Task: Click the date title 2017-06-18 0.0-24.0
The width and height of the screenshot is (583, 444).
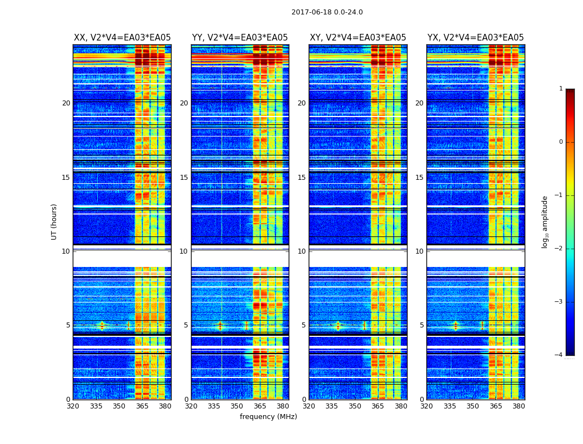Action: (x=327, y=12)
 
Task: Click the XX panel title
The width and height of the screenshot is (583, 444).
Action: (x=122, y=38)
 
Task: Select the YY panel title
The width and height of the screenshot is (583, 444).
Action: (x=240, y=38)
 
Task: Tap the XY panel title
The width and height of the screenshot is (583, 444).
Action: (x=358, y=38)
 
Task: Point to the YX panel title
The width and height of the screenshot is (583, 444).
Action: (x=475, y=38)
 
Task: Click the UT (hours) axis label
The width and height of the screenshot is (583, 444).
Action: (x=54, y=221)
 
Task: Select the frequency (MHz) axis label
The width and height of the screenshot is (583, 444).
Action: (x=268, y=417)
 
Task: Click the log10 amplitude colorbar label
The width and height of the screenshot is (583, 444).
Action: (x=545, y=221)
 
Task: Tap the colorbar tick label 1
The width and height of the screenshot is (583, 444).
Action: (x=561, y=89)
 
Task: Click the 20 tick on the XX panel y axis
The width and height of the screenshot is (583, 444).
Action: (x=66, y=103)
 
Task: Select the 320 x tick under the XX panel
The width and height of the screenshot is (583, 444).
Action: (x=73, y=406)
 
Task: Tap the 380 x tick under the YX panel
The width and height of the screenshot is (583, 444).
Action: (x=519, y=406)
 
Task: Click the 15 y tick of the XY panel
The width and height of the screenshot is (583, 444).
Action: (x=301, y=178)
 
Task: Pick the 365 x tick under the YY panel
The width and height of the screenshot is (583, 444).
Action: (x=260, y=406)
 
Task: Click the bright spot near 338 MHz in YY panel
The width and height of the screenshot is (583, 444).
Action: (x=220, y=325)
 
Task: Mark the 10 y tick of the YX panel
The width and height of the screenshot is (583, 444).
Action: (x=419, y=251)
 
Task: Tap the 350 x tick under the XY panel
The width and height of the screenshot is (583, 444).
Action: (x=355, y=406)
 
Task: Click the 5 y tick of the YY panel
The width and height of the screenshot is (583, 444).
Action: (x=186, y=325)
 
